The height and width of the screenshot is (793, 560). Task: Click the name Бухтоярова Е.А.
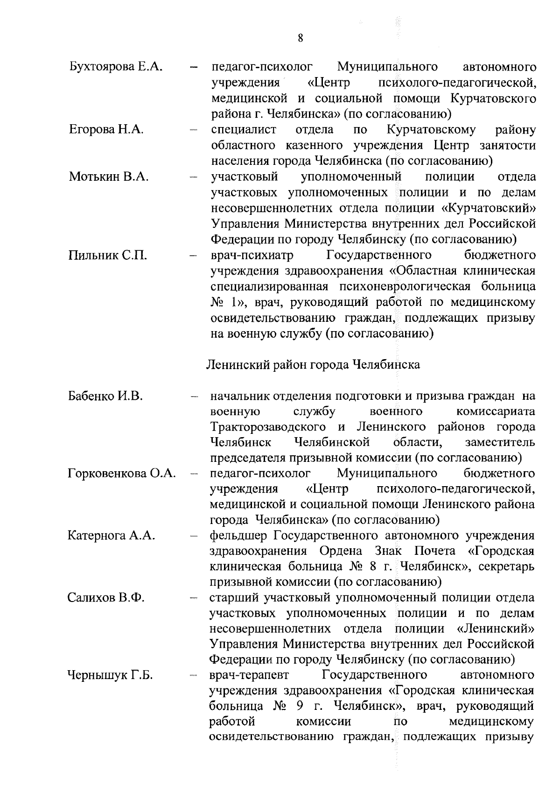pyautogui.click(x=115, y=67)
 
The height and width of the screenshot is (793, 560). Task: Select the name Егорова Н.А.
pyautogui.click(x=106, y=129)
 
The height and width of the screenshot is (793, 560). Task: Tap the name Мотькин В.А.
pyautogui.click(x=108, y=177)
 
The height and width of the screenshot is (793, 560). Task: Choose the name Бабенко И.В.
pyautogui.click(x=105, y=396)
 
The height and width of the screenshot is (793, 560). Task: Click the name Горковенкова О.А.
pyautogui.click(x=122, y=474)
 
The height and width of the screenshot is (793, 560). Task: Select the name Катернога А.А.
pyautogui.click(x=111, y=536)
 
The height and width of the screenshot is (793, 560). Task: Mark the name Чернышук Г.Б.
pyautogui.click(x=111, y=675)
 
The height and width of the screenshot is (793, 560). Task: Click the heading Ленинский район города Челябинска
pyautogui.click(x=313, y=364)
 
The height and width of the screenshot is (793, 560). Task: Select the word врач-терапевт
pyautogui.click(x=249, y=675)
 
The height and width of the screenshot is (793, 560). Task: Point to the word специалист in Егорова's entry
pyautogui.click(x=244, y=129)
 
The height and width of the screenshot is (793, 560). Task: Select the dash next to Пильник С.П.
pyautogui.click(x=194, y=256)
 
